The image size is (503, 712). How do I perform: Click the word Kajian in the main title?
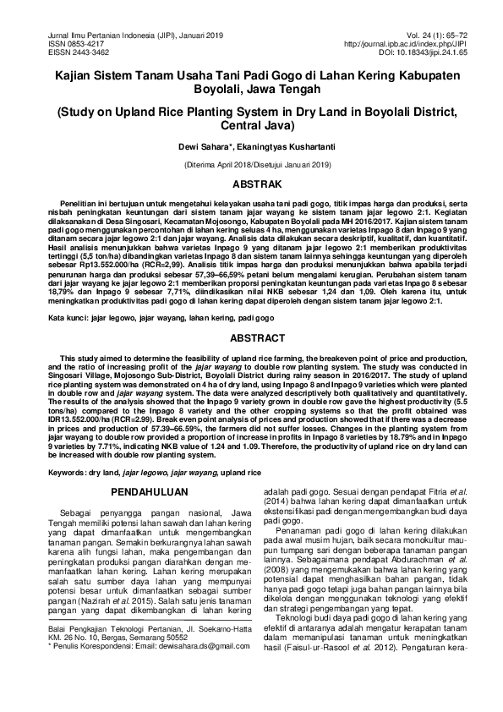point(75,75)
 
